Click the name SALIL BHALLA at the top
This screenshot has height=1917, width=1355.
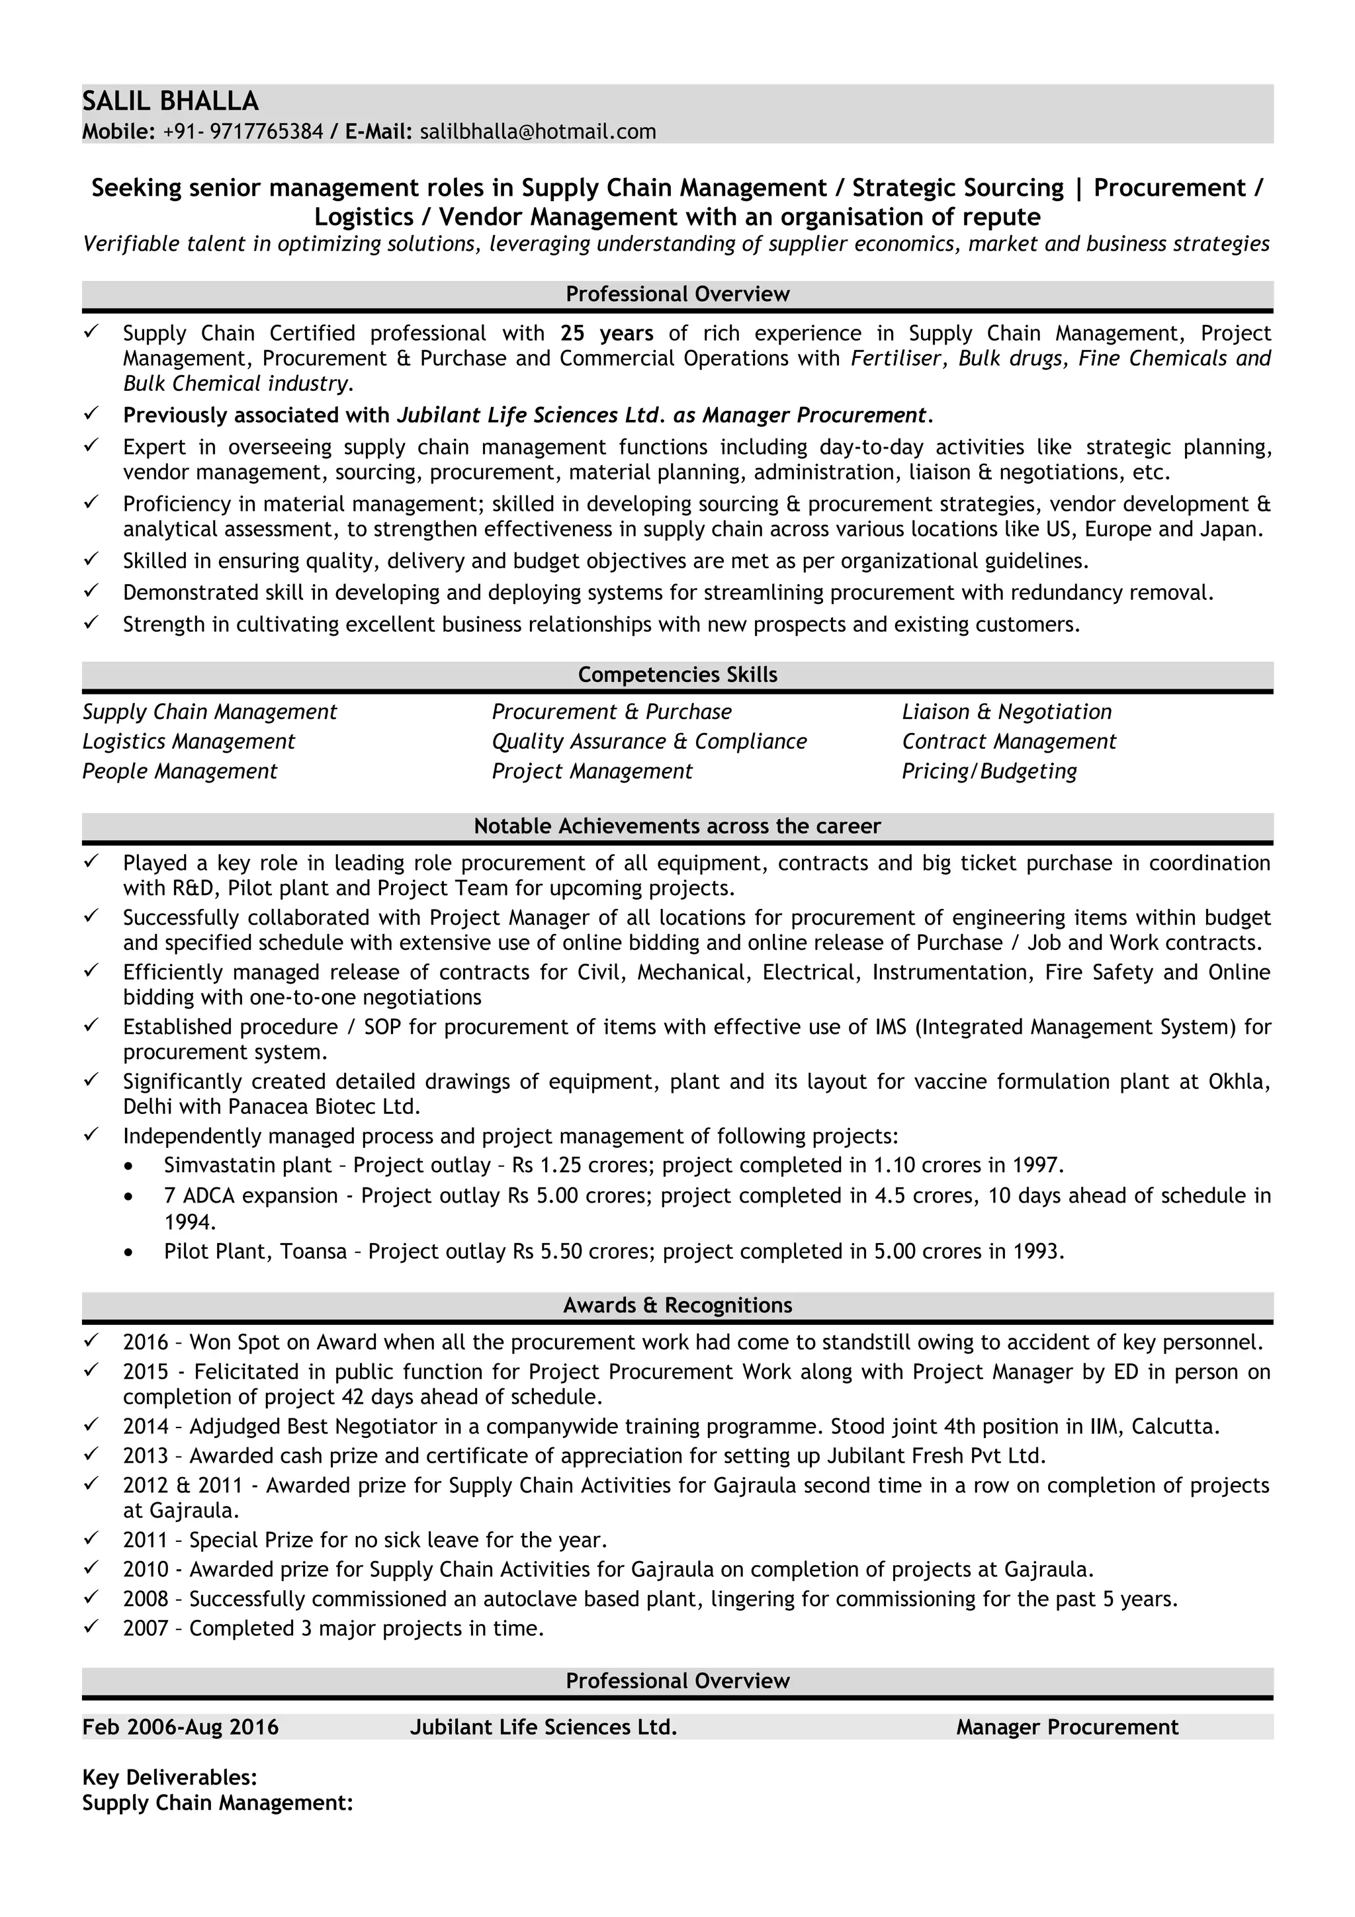tap(170, 101)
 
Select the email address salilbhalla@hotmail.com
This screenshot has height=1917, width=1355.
tap(538, 131)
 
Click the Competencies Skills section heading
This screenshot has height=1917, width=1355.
tap(677, 674)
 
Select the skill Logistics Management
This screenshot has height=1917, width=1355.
tap(189, 741)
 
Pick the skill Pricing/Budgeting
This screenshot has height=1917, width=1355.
tap(988, 770)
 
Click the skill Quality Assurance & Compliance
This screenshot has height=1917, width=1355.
tap(648, 741)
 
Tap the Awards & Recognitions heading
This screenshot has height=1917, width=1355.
tap(677, 1304)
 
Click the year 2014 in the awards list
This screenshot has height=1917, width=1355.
tap(146, 1426)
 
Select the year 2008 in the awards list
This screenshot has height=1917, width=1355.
tap(146, 1599)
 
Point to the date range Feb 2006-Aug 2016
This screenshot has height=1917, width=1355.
tap(181, 1726)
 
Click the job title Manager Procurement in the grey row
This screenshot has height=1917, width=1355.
tap(1067, 1726)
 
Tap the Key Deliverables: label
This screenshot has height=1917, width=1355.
tap(169, 1776)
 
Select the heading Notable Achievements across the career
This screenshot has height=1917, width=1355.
tap(677, 826)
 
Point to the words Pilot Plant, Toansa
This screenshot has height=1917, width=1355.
tap(255, 1251)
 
